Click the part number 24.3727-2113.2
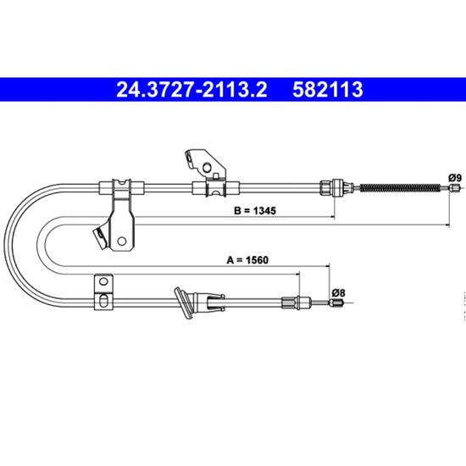pos(191,90)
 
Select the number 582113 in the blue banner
pos(328,90)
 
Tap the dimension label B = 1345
pos(255,210)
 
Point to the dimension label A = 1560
pos(247,260)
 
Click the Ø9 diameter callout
pos(455,178)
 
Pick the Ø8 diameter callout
pos(339,293)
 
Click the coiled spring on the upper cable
pos(400,188)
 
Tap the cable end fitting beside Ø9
pos(455,188)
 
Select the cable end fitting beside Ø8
pos(336,302)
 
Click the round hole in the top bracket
pos(207,168)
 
